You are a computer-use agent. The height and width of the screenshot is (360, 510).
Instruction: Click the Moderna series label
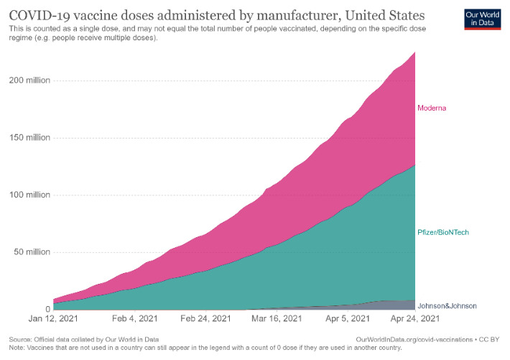(x=433, y=109)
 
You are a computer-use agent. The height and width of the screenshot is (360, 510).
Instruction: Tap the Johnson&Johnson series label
(x=447, y=306)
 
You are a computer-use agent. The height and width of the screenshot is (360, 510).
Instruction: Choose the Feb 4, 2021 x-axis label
(x=134, y=318)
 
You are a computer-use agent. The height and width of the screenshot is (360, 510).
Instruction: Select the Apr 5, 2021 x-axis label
(x=348, y=318)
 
